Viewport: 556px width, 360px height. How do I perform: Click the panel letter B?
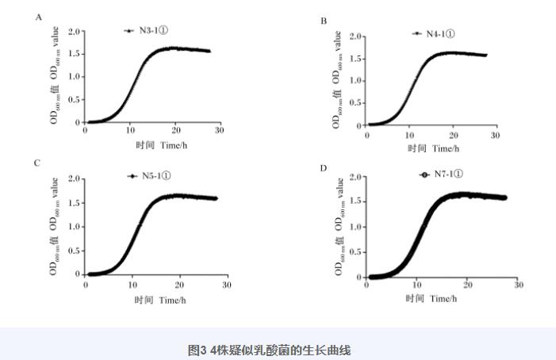point(324,21)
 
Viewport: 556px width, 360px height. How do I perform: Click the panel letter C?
point(37,163)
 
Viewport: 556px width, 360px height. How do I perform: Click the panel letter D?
point(323,167)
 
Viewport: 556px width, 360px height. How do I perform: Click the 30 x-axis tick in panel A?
point(219,131)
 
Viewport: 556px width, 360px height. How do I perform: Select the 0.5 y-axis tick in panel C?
point(75,251)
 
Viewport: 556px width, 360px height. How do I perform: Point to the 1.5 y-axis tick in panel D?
point(356,201)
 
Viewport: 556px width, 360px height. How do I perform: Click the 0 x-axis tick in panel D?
point(366,285)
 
